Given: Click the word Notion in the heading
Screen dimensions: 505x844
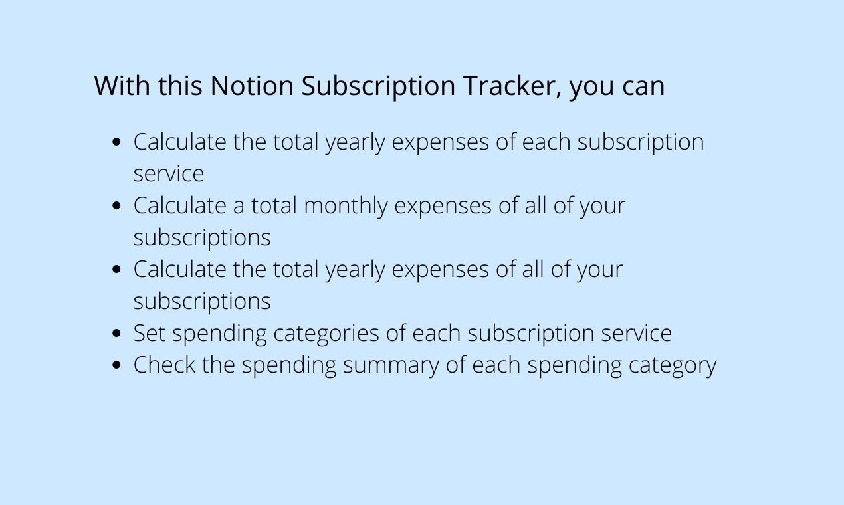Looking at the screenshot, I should (251, 86).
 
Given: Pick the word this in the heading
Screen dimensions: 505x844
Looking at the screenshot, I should (180, 86).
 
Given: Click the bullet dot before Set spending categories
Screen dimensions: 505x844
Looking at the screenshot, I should (118, 333).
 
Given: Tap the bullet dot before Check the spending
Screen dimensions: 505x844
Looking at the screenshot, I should (118, 365).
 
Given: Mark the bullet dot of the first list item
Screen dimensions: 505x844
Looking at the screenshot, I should (118, 142).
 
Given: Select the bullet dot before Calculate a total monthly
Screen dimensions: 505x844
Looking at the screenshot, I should (118, 205).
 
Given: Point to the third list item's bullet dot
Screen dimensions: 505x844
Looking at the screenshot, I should (118, 269).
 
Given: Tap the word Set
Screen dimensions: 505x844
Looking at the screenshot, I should (150, 333).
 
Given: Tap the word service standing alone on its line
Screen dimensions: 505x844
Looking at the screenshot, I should (168, 174).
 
